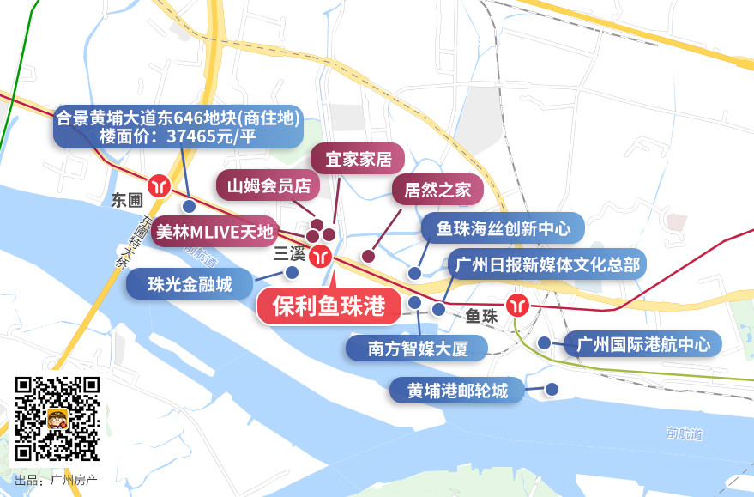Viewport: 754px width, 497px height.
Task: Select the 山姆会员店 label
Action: click(x=268, y=185)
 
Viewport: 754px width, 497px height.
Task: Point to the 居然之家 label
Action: click(x=437, y=190)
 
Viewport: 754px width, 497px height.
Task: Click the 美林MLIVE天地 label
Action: click(x=214, y=231)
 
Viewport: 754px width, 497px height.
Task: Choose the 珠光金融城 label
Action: click(x=190, y=284)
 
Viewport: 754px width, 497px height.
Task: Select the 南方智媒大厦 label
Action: click(x=416, y=348)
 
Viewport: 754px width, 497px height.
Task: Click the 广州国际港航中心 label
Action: click(x=643, y=345)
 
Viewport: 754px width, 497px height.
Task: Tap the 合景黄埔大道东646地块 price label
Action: click(x=178, y=127)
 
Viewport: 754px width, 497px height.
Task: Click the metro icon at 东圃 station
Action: click(x=160, y=185)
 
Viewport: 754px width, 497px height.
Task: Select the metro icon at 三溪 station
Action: click(x=322, y=256)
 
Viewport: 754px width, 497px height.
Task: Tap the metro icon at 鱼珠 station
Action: click(x=517, y=305)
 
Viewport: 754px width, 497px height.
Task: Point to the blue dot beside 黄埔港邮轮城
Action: click(x=552, y=389)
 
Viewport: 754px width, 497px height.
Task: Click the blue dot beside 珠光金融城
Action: click(x=292, y=273)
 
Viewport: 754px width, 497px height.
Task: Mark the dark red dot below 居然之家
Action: click(x=369, y=256)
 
